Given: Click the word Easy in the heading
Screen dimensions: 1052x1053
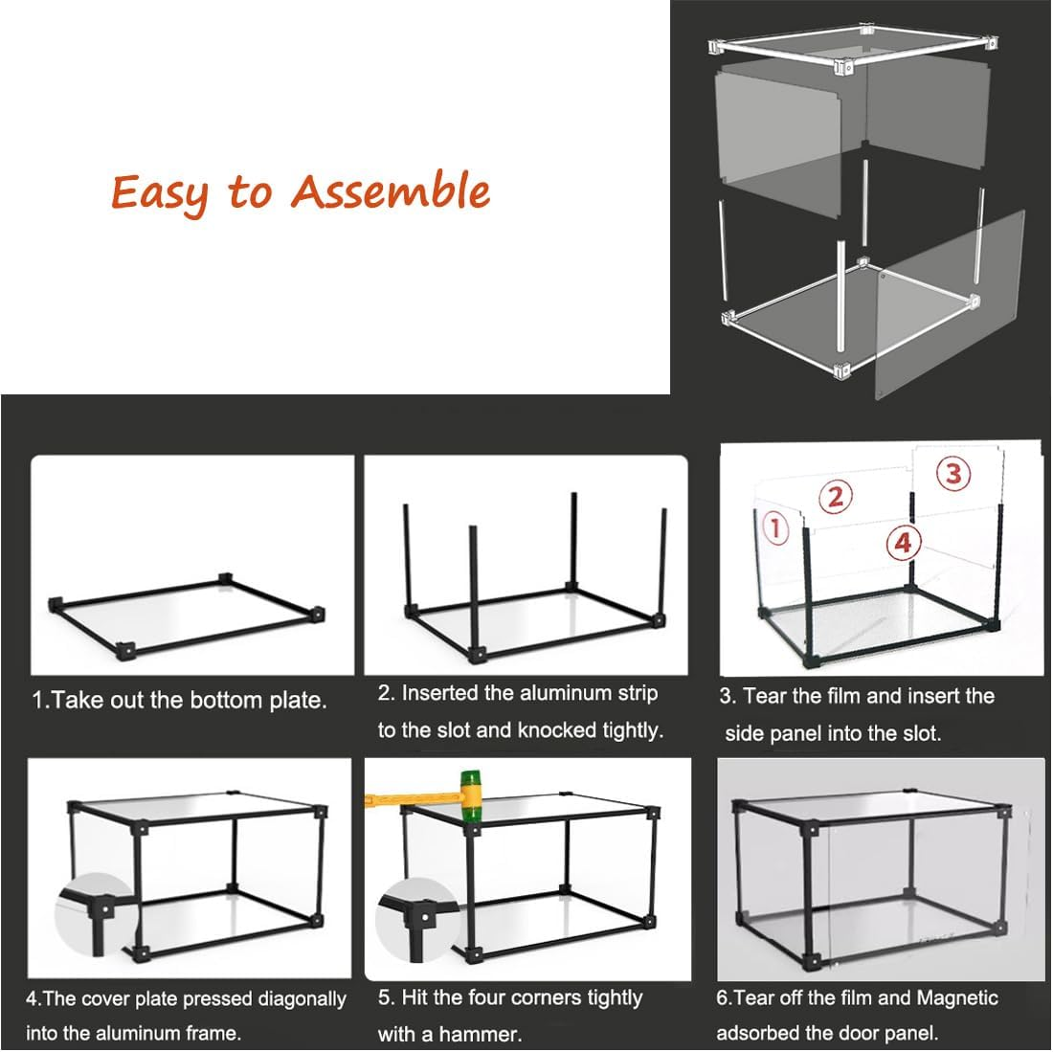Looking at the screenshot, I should coord(159,192).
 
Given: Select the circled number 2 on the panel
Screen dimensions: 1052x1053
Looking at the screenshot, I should coord(836,497).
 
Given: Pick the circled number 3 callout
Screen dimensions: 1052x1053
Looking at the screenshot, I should coord(952,473).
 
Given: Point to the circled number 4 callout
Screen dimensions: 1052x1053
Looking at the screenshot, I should coord(904,543).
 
